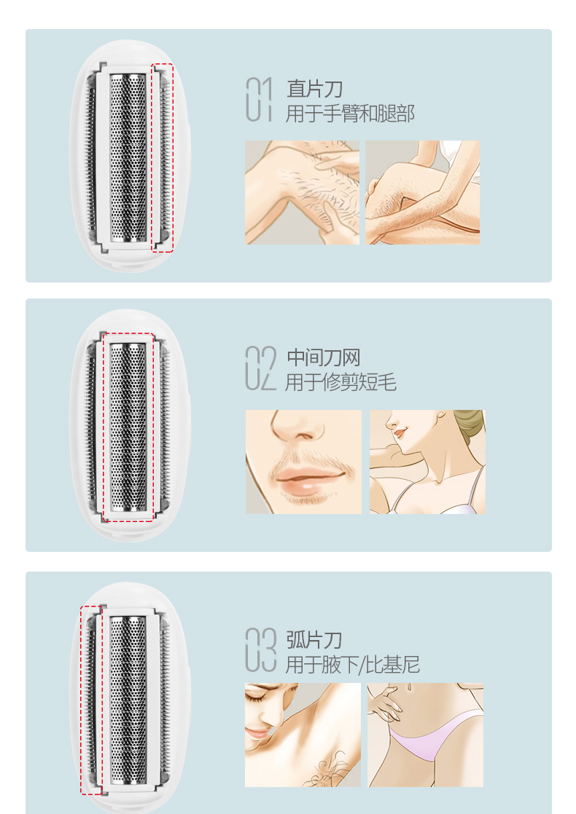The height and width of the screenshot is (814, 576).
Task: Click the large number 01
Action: click(259, 99)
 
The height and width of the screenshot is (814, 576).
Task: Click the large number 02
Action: click(260, 368)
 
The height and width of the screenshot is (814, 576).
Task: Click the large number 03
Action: click(260, 650)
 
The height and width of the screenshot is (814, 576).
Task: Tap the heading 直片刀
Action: click(314, 89)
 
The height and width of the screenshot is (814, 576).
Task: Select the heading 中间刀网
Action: click(323, 357)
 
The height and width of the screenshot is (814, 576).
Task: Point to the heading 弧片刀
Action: click(314, 640)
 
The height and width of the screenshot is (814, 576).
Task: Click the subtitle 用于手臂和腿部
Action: click(350, 114)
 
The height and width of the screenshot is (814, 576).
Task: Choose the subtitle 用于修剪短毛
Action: click(340, 382)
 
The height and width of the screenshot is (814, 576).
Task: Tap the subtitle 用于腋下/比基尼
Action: click(352, 665)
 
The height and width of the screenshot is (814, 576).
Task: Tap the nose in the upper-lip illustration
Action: click(296, 426)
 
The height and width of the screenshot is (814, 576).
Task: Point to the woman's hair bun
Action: click(470, 424)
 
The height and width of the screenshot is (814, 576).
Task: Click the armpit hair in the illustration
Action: click(327, 767)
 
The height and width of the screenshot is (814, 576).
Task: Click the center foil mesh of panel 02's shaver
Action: click(128, 427)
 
